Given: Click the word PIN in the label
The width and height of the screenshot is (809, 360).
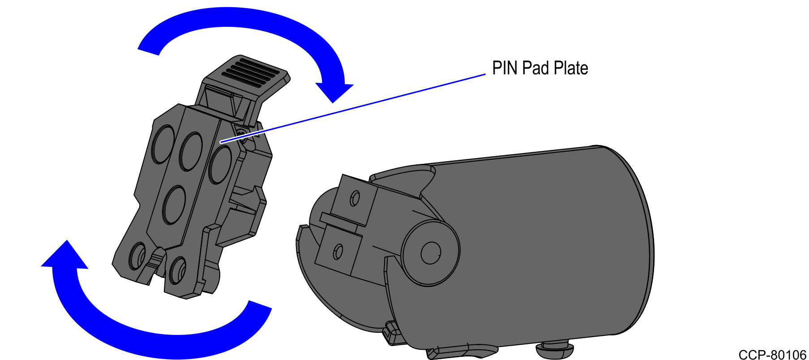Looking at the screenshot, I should tap(505, 69).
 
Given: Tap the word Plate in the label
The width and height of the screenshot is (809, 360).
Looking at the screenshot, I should tap(571, 69).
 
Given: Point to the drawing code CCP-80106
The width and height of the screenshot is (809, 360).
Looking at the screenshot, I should tap(772, 355).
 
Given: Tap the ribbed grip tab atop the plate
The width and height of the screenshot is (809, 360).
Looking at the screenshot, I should tap(253, 72).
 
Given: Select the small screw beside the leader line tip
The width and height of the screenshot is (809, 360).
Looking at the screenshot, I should tap(242, 134).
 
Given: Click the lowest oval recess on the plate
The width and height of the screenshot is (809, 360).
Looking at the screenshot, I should tap(174, 205).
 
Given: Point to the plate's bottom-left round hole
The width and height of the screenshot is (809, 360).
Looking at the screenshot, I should tap(137, 256).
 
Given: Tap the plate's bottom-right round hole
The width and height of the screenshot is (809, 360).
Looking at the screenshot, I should tap(178, 269).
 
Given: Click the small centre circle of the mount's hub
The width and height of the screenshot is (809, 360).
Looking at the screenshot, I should tap(431, 253).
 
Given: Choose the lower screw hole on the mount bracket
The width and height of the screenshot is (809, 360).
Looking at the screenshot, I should tap(338, 252).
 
